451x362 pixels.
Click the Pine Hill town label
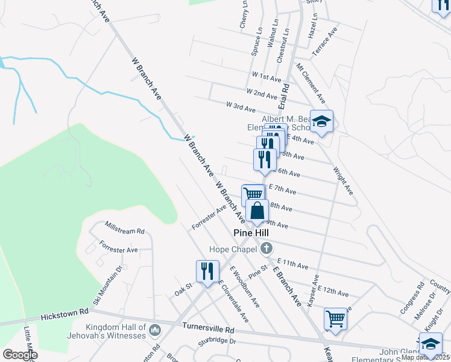pyautogui.click(x=251, y=232)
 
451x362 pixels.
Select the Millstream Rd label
pyautogui.click(x=125, y=230)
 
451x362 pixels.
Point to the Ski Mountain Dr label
pyautogui.click(x=107, y=284)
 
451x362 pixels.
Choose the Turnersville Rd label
pyautogui.click(x=207, y=329)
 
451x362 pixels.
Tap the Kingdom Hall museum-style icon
pyautogui.click(x=155, y=330)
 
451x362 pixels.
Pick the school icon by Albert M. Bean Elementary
pyautogui.click(x=321, y=121)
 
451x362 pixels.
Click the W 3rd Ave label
pyautogui.click(x=241, y=106)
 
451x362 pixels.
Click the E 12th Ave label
pyautogui.click(x=333, y=291)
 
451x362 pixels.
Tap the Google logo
pyautogui.click(x=20, y=355)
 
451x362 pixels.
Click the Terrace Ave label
pyautogui.click(x=324, y=42)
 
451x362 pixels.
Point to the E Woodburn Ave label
pyautogui.click(x=244, y=287)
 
